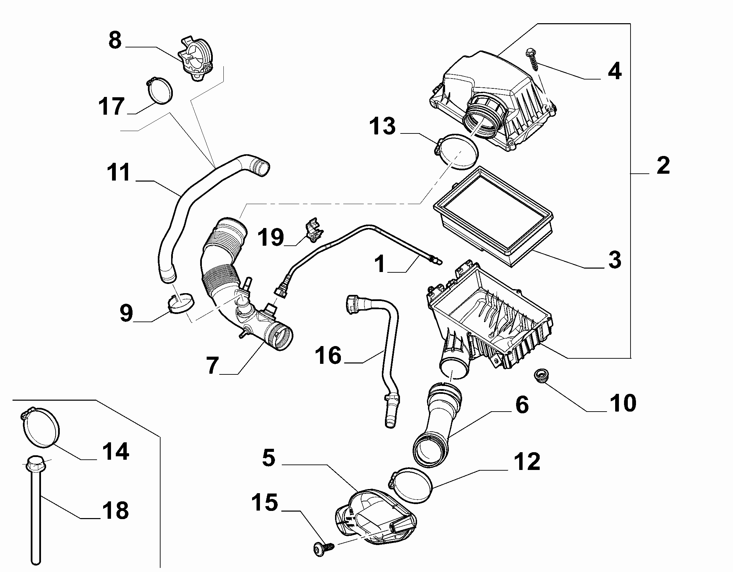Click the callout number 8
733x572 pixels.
point(115,40)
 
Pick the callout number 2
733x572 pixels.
point(663,167)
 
